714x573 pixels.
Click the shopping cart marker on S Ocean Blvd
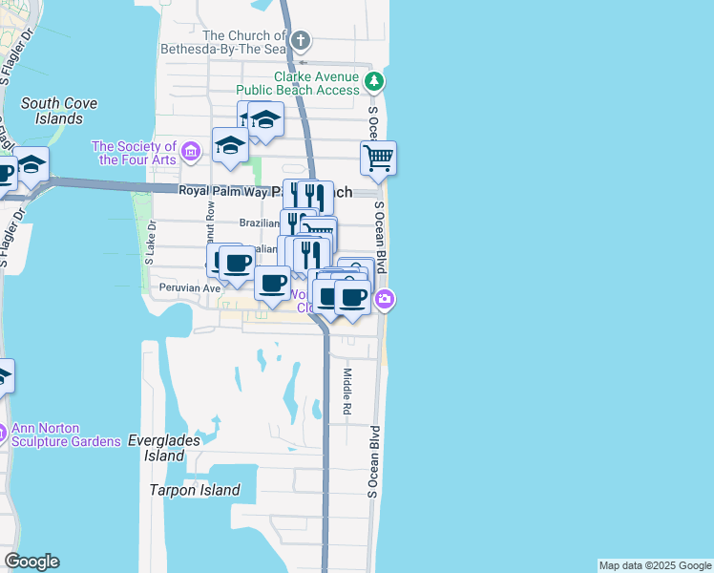tap(379, 159)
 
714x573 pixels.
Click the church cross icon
tap(301, 40)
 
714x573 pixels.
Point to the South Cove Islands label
tap(52, 111)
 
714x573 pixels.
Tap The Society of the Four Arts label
tap(135, 153)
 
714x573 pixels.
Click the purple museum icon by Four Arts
tap(190, 151)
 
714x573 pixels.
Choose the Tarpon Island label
tap(195, 490)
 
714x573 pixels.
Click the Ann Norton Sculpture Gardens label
tap(73, 435)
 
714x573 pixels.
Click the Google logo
tap(31, 562)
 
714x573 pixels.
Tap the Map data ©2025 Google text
tap(655, 565)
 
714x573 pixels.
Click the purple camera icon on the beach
tap(385, 299)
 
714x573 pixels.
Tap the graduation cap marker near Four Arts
tap(230, 145)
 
